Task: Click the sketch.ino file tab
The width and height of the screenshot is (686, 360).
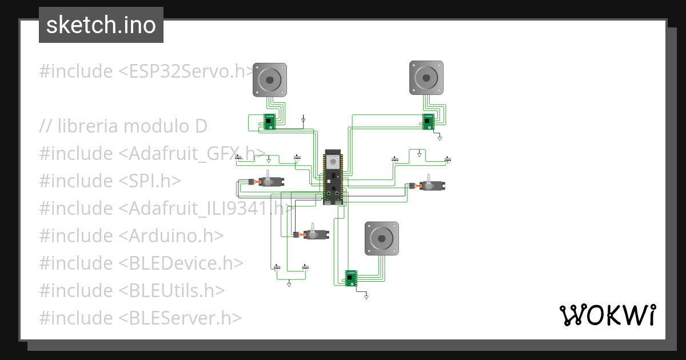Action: pos(101,25)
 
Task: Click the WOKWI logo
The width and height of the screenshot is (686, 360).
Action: pos(607,315)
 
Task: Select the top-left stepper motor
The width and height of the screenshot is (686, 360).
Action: pos(269,79)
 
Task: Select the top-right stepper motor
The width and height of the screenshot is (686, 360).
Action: pos(426,77)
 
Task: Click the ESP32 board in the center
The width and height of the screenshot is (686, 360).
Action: pos(333,177)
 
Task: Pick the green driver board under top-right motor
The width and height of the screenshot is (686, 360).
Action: pos(428,121)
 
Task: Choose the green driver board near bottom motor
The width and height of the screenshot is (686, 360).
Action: pos(351,278)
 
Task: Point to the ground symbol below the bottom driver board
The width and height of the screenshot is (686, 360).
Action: pos(366,297)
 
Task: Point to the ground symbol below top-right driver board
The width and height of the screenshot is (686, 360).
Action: pos(440,138)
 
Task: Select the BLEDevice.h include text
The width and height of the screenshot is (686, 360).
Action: pos(181,263)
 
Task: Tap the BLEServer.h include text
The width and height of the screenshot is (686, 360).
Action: pos(180,318)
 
